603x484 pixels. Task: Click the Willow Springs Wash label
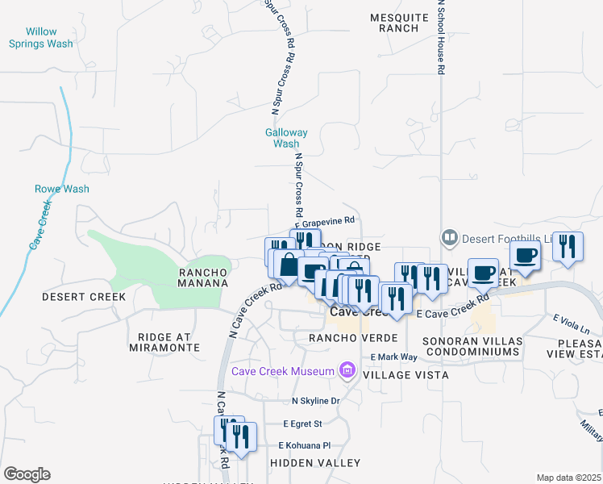tap(41, 38)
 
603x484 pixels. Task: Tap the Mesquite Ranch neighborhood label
tap(394, 23)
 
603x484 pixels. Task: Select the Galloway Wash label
tap(286, 138)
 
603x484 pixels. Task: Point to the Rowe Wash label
tap(62, 189)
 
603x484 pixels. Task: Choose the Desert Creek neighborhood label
tap(84, 297)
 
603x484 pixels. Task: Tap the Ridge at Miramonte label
tap(164, 341)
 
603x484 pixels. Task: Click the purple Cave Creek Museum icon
tap(348, 370)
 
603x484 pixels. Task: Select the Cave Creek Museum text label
tap(282, 371)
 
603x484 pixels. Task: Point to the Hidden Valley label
tap(315, 463)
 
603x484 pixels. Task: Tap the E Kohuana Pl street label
tap(304, 445)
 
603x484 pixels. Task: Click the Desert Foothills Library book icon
tap(449, 238)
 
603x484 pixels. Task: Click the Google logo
tap(27, 474)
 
